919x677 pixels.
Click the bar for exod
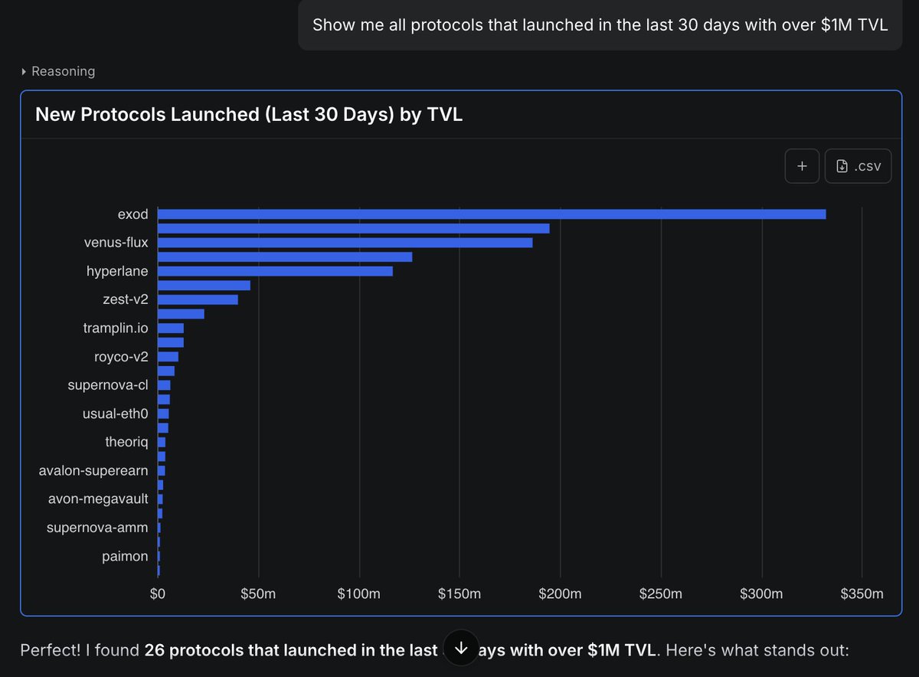[x=491, y=214]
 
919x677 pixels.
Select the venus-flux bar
[x=345, y=243]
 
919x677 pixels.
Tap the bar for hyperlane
[x=275, y=271]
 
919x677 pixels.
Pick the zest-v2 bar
[x=198, y=299]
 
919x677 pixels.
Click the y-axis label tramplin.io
[x=116, y=328]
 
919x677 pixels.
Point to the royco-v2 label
[x=121, y=356]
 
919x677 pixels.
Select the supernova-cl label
[x=108, y=384]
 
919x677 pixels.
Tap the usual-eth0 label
[x=115, y=414]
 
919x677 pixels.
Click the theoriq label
[x=126, y=442]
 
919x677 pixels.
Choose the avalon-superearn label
[x=93, y=470]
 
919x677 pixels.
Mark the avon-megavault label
[x=98, y=499]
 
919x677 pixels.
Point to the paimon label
[x=125, y=556]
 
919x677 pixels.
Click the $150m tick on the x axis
[x=459, y=594]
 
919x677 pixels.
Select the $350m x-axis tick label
[x=862, y=594]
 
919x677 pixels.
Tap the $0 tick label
[x=158, y=594]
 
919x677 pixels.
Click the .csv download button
[x=858, y=166]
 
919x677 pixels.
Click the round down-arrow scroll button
[x=461, y=648]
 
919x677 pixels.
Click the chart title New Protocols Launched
[x=249, y=115]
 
